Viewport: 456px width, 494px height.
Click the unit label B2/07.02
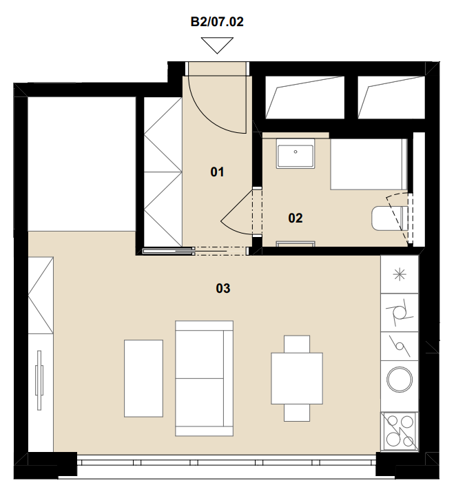pyautogui.click(x=217, y=22)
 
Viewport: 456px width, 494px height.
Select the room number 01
pyautogui.click(x=217, y=172)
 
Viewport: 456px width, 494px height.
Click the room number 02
pyautogui.click(x=296, y=218)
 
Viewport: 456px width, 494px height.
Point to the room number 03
pyautogui.click(x=223, y=288)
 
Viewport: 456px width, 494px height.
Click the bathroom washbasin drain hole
pyautogui.click(x=296, y=152)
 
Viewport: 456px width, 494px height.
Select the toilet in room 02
pyautogui.click(x=390, y=218)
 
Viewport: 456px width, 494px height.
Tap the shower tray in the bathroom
pyautogui.click(x=369, y=164)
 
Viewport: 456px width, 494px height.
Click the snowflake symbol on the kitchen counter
pyautogui.click(x=400, y=274)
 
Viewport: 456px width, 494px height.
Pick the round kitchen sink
pyautogui.click(x=400, y=380)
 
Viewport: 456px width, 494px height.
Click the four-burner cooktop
pyautogui.click(x=400, y=431)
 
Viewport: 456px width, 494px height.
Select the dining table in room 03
pyautogui.click(x=297, y=378)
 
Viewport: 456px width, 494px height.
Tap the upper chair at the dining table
pyautogui.click(x=297, y=344)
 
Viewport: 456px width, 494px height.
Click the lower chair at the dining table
pyautogui.click(x=297, y=413)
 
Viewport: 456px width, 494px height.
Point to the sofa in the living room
pyautogui.click(x=204, y=378)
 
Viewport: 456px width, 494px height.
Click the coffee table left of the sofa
pyautogui.click(x=143, y=378)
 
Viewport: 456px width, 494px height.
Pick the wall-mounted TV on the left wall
pyautogui.click(x=39, y=380)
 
